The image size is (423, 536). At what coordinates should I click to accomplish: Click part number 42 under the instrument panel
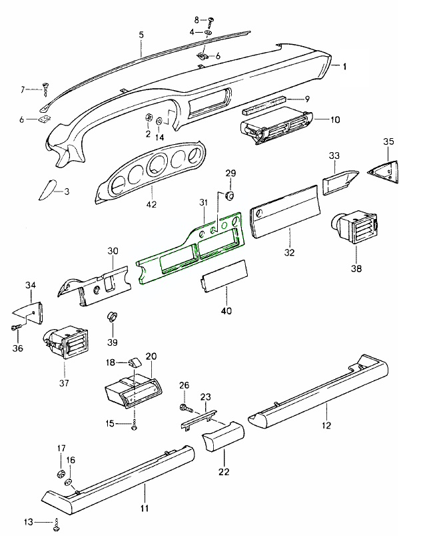(x=151, y=204)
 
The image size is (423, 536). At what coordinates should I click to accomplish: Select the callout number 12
(x=326, y=424)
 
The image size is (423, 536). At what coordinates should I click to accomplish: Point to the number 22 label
(x=224, y=471)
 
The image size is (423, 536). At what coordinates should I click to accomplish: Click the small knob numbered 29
(x=230, y=195)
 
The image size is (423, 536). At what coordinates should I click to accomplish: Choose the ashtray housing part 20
(x=131, y=389)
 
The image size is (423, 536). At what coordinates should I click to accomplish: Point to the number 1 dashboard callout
(x=345, y=66)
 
